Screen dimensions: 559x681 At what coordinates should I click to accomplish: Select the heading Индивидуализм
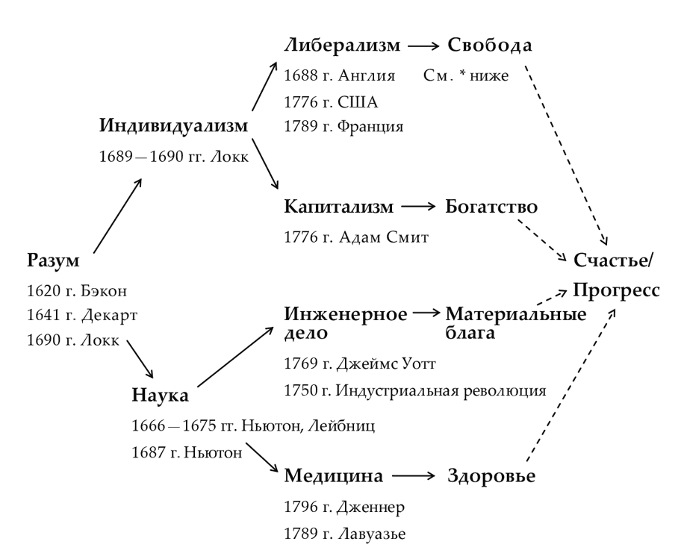pos(173,125)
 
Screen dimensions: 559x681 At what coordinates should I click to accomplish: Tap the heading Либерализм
pos(342,46)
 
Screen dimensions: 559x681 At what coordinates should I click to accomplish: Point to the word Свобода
pos(489,46)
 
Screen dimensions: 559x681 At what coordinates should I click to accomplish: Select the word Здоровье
pos(491,476)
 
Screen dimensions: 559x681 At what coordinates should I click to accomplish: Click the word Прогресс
pos(616,290)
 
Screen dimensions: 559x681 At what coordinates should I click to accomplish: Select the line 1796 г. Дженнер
pos(340,508)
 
